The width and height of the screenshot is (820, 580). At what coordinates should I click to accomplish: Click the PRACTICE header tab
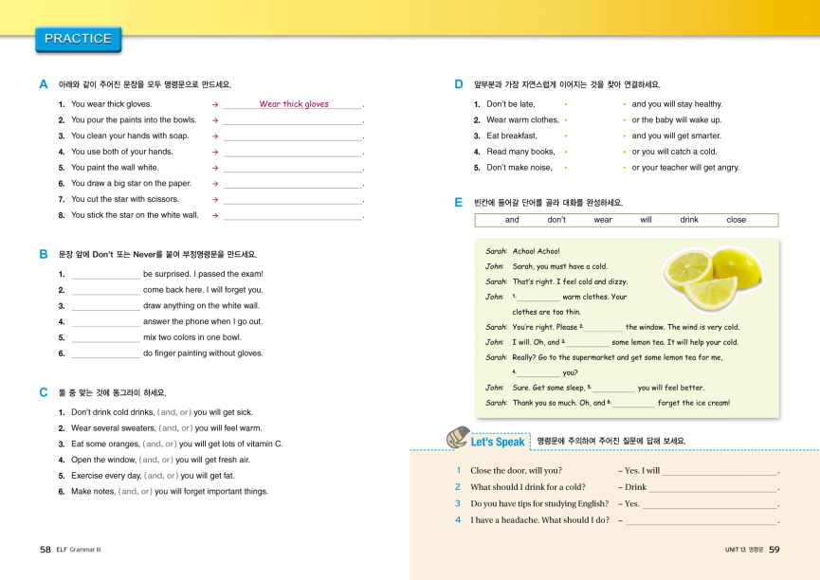(78, 39)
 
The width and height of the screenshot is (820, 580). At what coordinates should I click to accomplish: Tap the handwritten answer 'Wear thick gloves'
(294, 104)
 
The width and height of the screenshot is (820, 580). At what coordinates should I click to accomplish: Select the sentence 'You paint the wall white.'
(115, 168)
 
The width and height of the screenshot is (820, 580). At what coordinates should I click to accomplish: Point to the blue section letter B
(44, 255)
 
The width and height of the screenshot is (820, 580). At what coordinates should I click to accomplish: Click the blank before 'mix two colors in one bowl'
(105, 337)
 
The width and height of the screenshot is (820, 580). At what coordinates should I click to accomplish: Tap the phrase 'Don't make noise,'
(519, 168)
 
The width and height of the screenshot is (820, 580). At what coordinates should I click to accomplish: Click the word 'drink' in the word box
(689, 220)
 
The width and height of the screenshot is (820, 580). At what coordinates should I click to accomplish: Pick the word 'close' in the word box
(737, 220)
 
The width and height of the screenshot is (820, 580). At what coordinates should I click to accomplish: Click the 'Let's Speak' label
(497, 442)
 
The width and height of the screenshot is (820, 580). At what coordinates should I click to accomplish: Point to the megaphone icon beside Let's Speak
(456, 438)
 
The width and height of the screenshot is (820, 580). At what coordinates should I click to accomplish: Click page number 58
(45, 549)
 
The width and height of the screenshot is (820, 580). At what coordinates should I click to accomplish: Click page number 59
(774, 549)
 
